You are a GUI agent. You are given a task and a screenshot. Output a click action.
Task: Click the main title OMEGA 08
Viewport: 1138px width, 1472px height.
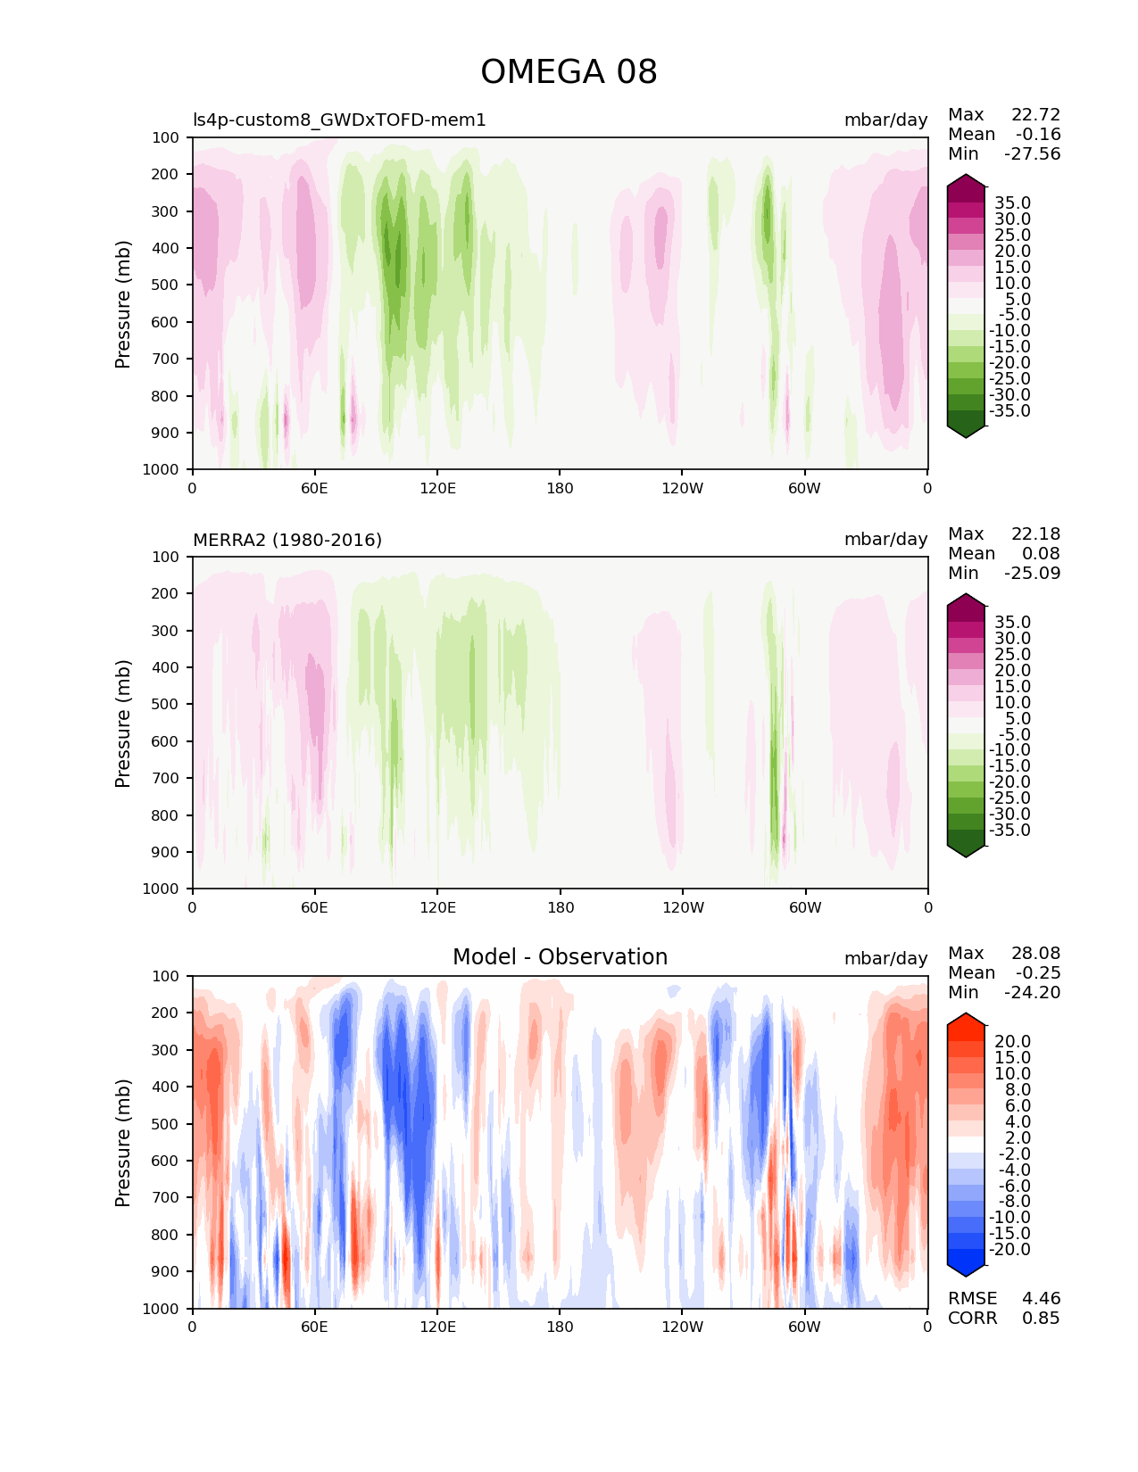(x=569, y=72)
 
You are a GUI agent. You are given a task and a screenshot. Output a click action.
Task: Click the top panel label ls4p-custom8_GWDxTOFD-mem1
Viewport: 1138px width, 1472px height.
(x=339, y=120)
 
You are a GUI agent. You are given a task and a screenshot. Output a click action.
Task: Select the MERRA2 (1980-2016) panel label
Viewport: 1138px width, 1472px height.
(x=287, y=540)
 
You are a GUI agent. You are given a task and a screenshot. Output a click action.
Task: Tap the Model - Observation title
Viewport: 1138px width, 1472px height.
(x=560, y=957)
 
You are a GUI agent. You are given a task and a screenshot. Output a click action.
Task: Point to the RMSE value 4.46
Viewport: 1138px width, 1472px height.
(x=1041, y=1299)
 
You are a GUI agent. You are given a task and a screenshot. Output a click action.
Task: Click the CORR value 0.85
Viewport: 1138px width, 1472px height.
(x=1041, y=1319)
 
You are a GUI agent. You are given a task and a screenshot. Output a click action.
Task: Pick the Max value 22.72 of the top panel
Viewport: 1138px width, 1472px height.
(x=1035, y=115)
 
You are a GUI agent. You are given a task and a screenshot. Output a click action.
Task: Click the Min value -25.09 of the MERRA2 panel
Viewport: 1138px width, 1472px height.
(x=1033, y=574)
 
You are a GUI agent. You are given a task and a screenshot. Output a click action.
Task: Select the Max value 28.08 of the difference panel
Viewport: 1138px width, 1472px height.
(x=1035, y=954)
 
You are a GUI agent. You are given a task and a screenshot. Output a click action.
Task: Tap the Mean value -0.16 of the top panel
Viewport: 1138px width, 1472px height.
(x=1038, y=135)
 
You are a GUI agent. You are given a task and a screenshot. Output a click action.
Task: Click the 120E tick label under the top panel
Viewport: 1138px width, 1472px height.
(x=437, y=489)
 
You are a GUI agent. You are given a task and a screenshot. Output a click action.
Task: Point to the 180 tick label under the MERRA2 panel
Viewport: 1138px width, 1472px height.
(x=560, y=908)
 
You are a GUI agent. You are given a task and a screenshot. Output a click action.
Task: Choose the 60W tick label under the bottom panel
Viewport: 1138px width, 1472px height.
(x=804, y=1327)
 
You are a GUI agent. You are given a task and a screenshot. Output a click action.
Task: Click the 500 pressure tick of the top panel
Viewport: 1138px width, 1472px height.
(x=167, y=285)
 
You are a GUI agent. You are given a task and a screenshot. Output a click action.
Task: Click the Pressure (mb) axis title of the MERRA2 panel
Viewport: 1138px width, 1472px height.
(x=123, y=724)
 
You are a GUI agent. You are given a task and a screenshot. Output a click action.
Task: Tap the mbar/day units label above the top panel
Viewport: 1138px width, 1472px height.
(x=885, y=120)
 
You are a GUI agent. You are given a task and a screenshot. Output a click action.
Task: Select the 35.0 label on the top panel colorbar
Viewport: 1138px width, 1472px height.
(x=1012, y=203)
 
